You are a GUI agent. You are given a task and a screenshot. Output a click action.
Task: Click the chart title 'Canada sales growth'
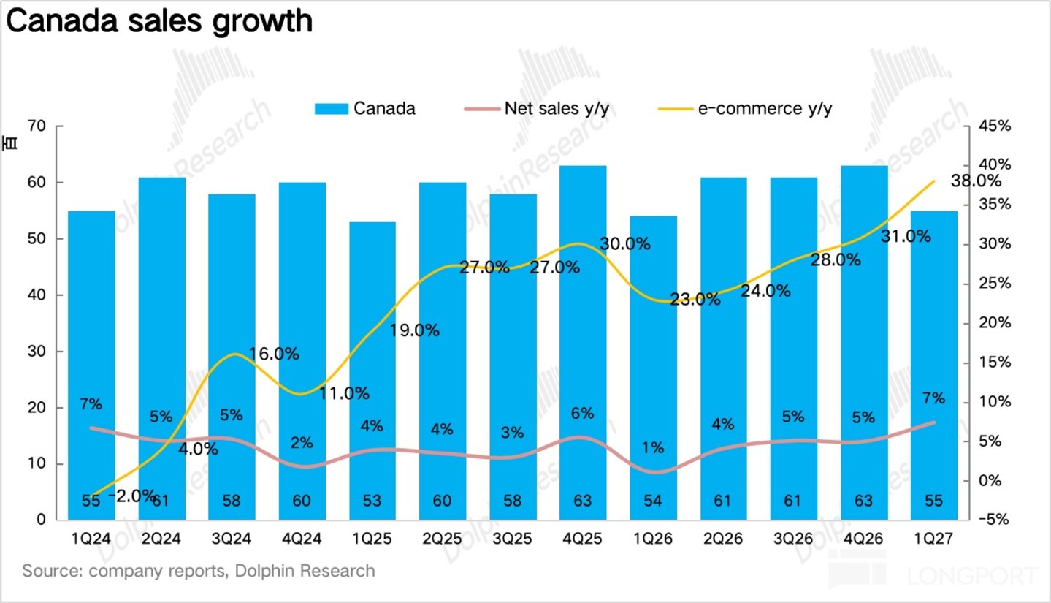pyautogui.click(x=159, y=22)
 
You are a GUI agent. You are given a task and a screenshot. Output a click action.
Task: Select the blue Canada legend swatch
pyautogui.click(x=332, y=109)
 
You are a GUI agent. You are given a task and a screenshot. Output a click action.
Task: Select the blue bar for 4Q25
pyautogui.click(x=583, y=343)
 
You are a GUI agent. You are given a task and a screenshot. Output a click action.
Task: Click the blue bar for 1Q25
pyautogui.click(x=372, y=371)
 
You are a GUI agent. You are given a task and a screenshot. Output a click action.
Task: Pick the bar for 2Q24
pyautogui.click(x=162, y=349)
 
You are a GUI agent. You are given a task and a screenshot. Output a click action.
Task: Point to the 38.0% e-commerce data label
pyautogui.click(x=976, y=181)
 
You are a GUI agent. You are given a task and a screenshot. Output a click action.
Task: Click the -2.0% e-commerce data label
pyautogui.click(x=132, y=496)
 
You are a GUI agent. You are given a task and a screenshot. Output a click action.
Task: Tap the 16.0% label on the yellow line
pyautogui.click(x=274, y=354)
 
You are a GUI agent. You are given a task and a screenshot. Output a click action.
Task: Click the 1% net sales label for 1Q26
pyautogui.click(x=653, y=447)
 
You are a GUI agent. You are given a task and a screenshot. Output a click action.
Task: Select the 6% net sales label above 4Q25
pyautogui.click(x=582, y=413)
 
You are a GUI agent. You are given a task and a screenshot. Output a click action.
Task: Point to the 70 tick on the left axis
pyautogui.click(x=37, y=126)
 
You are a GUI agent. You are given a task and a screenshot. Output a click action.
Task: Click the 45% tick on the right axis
pyautogui.click(x=995, y=126)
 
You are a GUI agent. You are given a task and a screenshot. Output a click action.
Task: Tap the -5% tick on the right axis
pyautogui.click(x=994, y=519)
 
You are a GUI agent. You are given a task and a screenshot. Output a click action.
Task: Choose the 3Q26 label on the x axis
pyautogui.click(x=793, y=538)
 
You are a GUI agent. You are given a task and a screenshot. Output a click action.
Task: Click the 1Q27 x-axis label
pyautogui.click(x=933, y=538)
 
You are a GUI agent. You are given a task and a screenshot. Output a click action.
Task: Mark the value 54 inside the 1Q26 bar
pyautogui.click(x=653, y=501)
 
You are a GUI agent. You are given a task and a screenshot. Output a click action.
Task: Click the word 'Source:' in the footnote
pyautogui.click(x=53, y=571)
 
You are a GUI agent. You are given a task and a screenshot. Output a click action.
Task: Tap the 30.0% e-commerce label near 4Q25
pyautogui.click(x=625, y=243)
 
